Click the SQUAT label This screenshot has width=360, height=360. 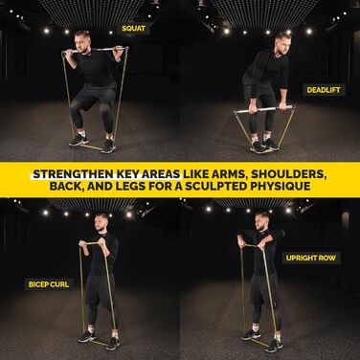pyautogui.click(x=133, y=29)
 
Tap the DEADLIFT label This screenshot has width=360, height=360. pyautogui.click(x=324, y=90)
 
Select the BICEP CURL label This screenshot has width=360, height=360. pyautogui.click(x=49, y=284)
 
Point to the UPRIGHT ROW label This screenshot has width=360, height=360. pyautogui.click(x=311, y=258)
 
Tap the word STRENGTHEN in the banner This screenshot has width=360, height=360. pyautogui.click(x=74, y=174)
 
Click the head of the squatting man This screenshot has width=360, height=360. pyautogui.click(x=82, y=40)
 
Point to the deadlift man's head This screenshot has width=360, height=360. pyautogui.click(x=281, y=42)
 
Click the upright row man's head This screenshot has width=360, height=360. pyautogui.click(x=261, y=222)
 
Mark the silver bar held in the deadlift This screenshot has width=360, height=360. pyautogui.click(x=264, y=109)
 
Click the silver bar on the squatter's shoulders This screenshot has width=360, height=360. pyautogui.click(x=95, y=51)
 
